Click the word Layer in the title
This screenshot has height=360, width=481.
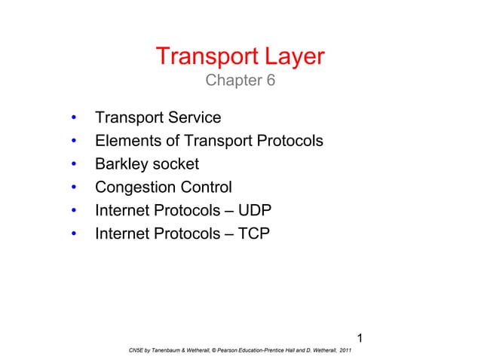tap(290, 57)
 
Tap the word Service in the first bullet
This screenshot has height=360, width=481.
tap(195, 118)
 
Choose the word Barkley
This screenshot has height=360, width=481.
tap(119, 164)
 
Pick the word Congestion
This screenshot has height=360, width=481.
tap(132, 188)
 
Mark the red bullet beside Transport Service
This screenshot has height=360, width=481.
tap(73, 119)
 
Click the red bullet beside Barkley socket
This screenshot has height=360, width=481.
tap(73, 165)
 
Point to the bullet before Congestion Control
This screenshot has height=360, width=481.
tap(73, 188)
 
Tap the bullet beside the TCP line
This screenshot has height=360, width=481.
tap(73, 235)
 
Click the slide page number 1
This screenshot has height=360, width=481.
tap(360, 336)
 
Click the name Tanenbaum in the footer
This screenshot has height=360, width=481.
tap(163, 350)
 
